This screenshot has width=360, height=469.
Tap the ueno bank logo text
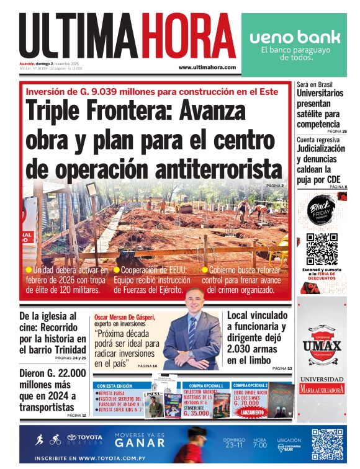tap(295, 37)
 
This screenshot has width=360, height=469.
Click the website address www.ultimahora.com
tap(207, 67)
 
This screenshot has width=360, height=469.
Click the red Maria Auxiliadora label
tap(322, 390)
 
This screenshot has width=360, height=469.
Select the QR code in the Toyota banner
tap(328, 444)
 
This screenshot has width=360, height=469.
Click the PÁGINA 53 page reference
tap(281, 368)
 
